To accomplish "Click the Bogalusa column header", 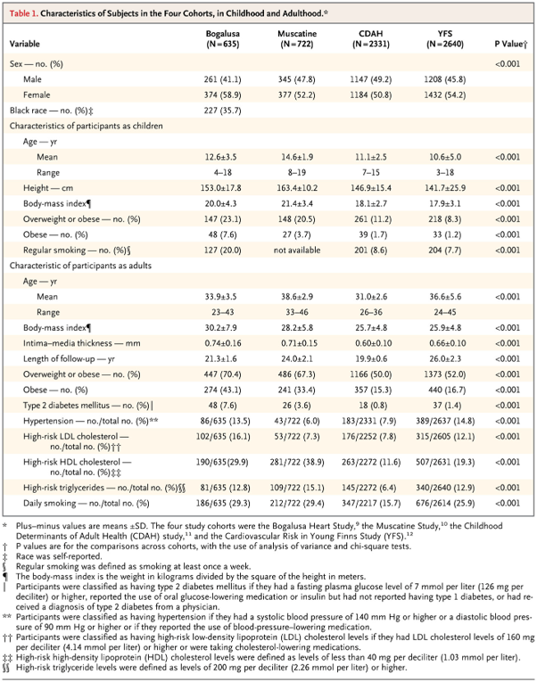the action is pyautogui.click(x=223, y=38).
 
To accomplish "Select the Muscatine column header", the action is pyautogui.click(x=297, y=38).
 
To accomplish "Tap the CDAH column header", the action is pyautogui.click(x=371, y=38).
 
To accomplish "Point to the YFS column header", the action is pyautogui.click(x=445, y=38).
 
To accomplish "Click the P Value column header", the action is pyautogui.click(x=511, y=44).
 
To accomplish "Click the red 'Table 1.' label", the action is pyautogui.click(x=24, y=13).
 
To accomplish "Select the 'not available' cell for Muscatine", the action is pyautogui.click(x=297, y=251).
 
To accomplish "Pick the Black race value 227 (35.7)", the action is pyautogui.click(x=222, y=111).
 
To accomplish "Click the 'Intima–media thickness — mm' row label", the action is pyautogui.click(x=82, y=343).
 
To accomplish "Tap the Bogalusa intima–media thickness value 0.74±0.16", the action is pyautogui.click(x=223, y=343).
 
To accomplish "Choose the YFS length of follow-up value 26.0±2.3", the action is pyautogui.click(x=445, y=359).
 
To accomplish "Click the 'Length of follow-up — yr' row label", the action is pyautogui.click(x=69, y=359).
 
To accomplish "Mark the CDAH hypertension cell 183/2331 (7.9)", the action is pyautogui.click(x=371, y=421).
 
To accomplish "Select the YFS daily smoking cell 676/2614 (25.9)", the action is pyautogui.click(x=445, y=503).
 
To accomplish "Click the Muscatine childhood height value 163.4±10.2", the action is pyautogui.click(x=297, y=188).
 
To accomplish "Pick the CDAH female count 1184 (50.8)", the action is pyautogui.click(x=371, y=94).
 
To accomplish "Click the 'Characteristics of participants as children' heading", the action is pyautogui.click(x=87, y=126).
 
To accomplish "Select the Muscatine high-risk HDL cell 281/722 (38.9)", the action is pyautogui.click(x=297, y=462).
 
